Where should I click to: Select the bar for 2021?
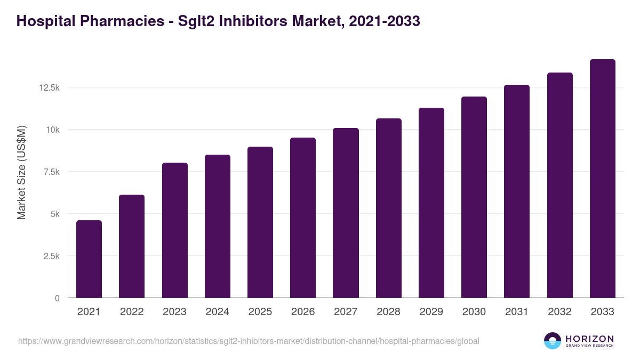click(x=89, y=259)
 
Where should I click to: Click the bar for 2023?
click(x=174, y=230)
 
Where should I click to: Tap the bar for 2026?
click(x=303, y=218)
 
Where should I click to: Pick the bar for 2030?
click(x=474, y=197)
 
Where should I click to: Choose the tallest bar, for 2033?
click(x=602, y=179)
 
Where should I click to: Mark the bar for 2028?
click(x=388, y=208)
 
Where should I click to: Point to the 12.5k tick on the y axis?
click(x=49, y=87)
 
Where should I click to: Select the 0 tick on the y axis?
click(x=57, y=298)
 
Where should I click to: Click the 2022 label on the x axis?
click(x=132, y=312)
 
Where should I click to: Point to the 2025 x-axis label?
click(x=260, y=312)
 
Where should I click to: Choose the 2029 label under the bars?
click(x=431, y=312)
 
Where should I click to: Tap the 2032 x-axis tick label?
click(x=559, y=312)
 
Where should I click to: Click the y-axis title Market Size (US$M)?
click(x=21, y=172)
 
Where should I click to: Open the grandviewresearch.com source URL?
click(x=249, y=341)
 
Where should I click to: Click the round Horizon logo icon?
click(x=552, y=341)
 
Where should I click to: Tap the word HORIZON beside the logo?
click(x=589, y=339)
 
